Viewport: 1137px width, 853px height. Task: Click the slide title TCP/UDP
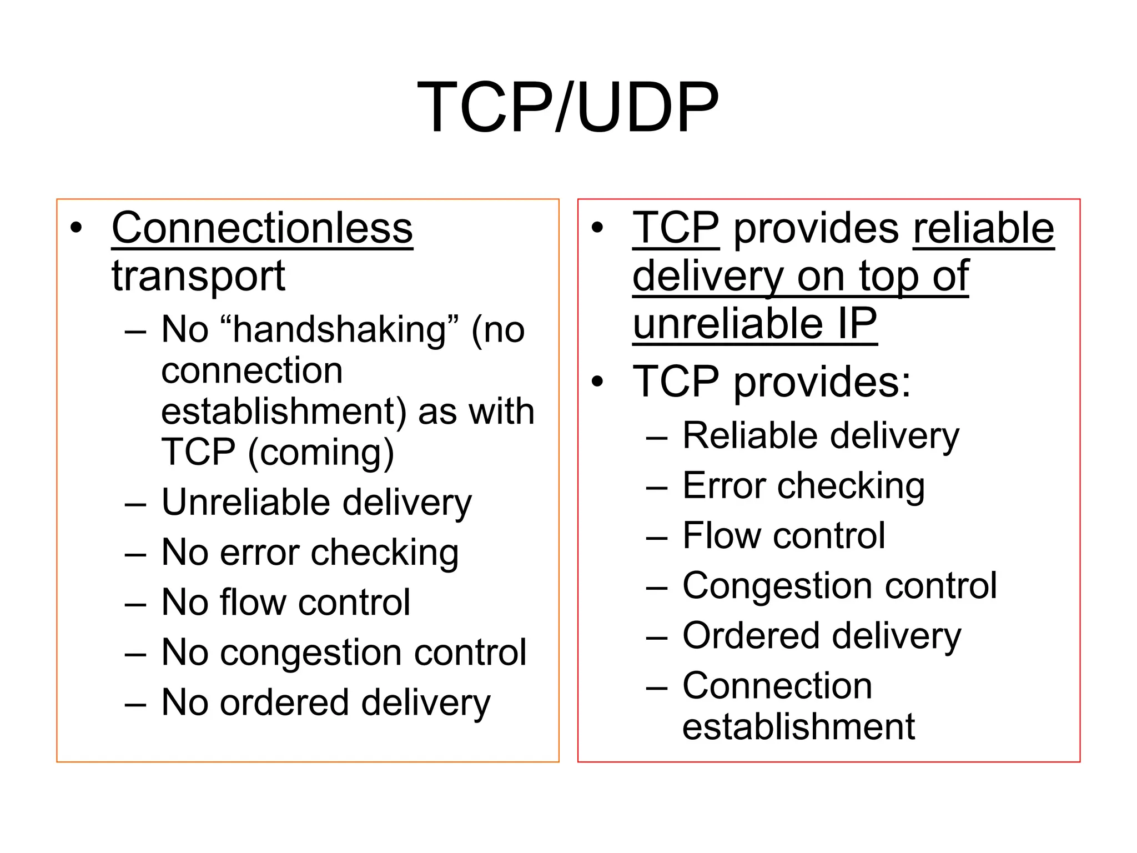coord(567,108)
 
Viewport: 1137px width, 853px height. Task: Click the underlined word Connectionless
coord(262,228)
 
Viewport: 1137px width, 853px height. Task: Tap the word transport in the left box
coord(198,276)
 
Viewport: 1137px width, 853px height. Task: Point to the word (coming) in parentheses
coord(321,453)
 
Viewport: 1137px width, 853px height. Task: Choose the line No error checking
coord(310,553)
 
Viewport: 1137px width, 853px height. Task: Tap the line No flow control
coord(285,603)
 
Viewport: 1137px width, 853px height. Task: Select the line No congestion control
coord(344,653)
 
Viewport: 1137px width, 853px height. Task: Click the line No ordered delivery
coord(326,703)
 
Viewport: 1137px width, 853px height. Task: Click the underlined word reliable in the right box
coord(983,228)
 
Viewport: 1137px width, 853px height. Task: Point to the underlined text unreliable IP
coord(754,324)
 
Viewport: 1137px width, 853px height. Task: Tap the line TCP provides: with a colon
coord(772,382)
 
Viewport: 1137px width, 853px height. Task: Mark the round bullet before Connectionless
coord(76,228)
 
